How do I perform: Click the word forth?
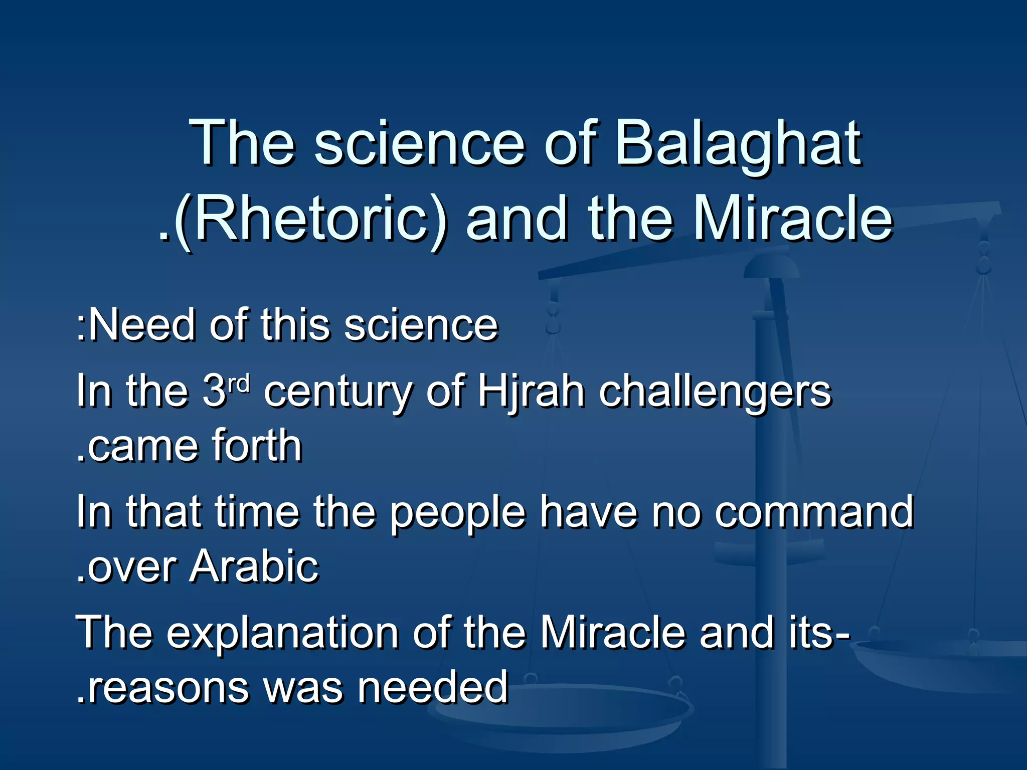[257, 446]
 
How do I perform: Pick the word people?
[457, 514]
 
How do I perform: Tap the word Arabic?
[254, 567]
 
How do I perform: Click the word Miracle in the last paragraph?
[612, 633]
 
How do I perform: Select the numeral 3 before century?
[215, 393]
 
